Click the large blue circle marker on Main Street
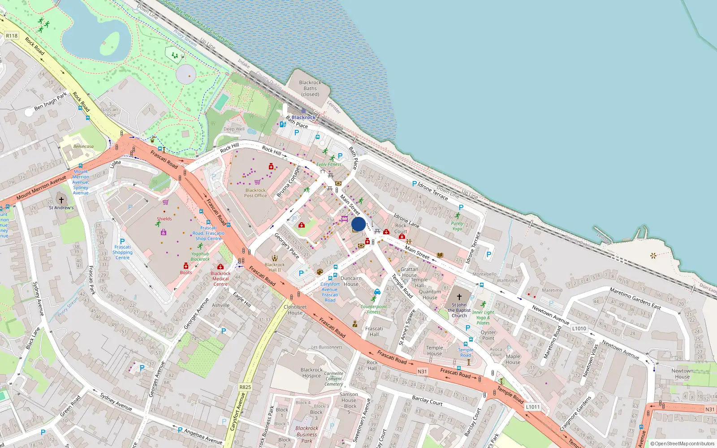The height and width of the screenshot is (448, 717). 358,224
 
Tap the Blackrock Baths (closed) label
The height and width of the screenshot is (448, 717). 310,88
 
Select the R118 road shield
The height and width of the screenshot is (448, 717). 12,36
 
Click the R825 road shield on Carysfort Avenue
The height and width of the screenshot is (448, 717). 245,387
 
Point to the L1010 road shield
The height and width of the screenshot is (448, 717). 579,328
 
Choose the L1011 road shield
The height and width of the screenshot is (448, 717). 533,407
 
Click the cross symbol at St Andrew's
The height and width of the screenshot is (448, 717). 61,200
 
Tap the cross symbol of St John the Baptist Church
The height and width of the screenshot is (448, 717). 459,297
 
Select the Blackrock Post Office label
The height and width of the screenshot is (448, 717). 255,193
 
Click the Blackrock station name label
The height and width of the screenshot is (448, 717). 303,117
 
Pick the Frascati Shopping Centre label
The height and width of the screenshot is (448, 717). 122,252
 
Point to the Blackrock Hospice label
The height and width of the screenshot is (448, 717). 311,373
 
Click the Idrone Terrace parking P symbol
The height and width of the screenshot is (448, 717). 415,184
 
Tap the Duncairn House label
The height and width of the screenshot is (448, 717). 351,281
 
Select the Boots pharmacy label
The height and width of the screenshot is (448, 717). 186,272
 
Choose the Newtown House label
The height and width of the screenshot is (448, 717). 682,374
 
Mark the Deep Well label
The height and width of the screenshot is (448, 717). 234,129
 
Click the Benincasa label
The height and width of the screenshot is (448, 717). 83,146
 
